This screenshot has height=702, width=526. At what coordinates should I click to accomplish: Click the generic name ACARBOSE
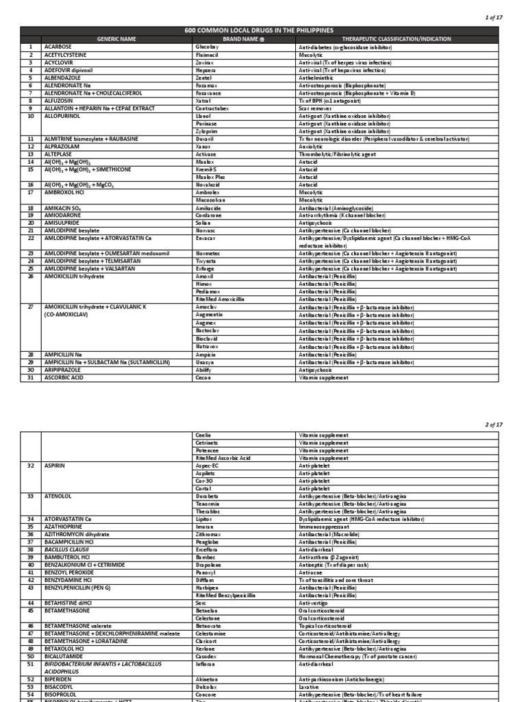point(59,46)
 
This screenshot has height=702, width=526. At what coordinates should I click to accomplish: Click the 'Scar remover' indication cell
point(317,108)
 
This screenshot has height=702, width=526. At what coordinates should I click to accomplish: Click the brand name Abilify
point(204,370)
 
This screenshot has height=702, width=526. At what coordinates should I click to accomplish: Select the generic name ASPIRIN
point(55,465)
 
